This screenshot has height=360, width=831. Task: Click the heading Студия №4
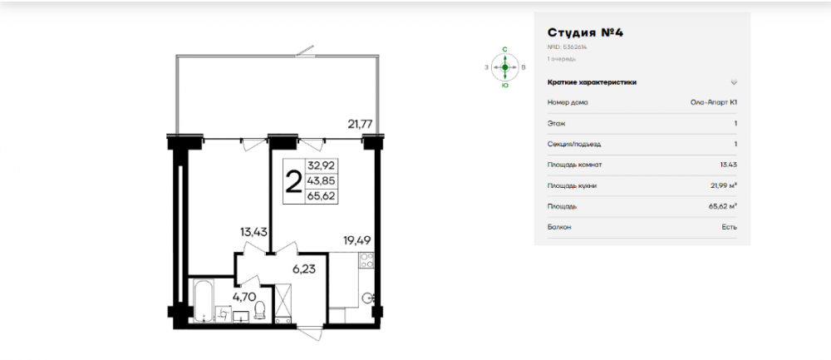pyautogui.click(x=585, y=32)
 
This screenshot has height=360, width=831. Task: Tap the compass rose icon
pyautogui.click(x=504, y=67)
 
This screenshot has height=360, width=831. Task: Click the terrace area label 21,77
pyautogui.click(x=359, y=125)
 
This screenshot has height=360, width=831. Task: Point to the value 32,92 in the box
pyautogui.click(x=320, y=165)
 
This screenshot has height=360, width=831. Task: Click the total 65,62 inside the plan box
pyautogui.click(x=320, y=196)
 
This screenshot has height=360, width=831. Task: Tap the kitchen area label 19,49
pyautogui.click(x=356, y=241)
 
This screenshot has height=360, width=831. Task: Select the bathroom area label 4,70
pyautogui.click(x=244, y=295)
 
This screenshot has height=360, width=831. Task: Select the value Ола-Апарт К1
pyautogui.click(x=714, y=103)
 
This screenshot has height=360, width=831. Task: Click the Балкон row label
pyautogui.click(x=559, y=226)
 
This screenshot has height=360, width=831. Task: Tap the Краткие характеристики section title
pyautogui.click(x=592, y=82)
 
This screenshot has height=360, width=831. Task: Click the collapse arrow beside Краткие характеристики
pyautogui.click(x=734, y=82)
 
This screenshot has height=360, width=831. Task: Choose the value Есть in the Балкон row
pyautogui.click(x=730, y=226)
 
